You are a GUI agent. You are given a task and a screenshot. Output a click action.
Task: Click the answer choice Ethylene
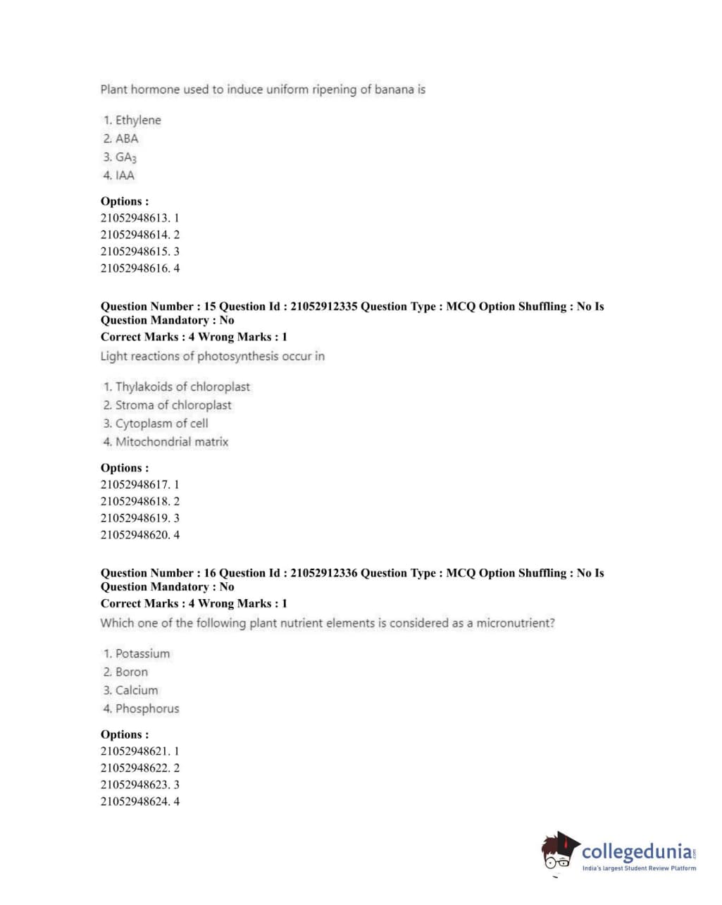137,121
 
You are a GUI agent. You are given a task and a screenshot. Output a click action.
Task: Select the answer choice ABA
127,139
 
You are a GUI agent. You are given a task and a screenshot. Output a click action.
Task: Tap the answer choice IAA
125,176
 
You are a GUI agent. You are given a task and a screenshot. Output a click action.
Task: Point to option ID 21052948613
135,218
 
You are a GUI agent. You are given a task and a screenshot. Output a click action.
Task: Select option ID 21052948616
135,268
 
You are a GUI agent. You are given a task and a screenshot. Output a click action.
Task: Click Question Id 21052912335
323,307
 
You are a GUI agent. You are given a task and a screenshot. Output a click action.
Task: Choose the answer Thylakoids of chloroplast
182,387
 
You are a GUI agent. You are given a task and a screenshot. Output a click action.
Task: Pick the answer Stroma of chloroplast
173,405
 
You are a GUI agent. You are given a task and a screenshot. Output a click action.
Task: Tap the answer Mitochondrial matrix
171,442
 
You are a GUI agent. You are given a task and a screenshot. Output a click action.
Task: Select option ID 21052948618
135,501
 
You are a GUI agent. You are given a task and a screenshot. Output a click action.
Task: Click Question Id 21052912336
323,573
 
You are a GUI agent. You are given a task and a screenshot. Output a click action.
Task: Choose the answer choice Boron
131,672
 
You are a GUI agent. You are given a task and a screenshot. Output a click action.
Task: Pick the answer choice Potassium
142,654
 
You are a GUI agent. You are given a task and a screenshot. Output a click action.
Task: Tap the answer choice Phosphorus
147,709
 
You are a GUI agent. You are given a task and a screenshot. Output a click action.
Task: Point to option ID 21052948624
135,801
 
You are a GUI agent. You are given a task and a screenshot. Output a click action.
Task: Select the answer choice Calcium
137,691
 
